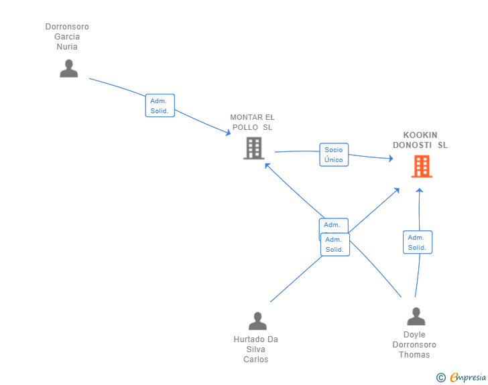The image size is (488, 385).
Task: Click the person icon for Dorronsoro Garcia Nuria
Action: point(69,68)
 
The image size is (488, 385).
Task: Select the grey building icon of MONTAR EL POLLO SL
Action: point(254,149)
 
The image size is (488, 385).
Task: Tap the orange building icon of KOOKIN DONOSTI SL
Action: point(422,166)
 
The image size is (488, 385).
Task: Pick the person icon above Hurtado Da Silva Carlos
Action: point(257,321)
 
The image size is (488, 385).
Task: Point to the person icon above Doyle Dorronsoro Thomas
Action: point(416,316)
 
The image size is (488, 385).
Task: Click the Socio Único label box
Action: point(334,155)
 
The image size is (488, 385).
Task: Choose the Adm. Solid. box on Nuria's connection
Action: point(160,105)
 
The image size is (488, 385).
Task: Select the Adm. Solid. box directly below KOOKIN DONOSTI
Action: point(418,242)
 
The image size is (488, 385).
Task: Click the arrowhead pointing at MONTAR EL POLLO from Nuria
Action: point(228,133)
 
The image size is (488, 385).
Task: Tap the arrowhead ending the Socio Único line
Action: point(391,159)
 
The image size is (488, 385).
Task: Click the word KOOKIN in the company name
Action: point(420,135)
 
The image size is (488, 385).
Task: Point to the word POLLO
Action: point(245,127)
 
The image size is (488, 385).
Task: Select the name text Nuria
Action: point(67,47)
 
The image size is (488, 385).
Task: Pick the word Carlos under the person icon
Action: point(256,360)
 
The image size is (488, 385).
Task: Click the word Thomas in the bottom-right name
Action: point(414,355)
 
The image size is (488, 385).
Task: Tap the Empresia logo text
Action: point(468,377)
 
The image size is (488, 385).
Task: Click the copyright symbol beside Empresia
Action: point(441,378)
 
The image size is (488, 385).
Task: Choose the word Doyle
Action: point(414,335)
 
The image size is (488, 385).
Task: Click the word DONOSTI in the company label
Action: point(412,145)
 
